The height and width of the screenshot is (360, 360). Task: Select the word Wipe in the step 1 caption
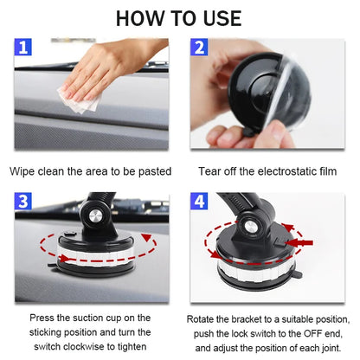(24, 171)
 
